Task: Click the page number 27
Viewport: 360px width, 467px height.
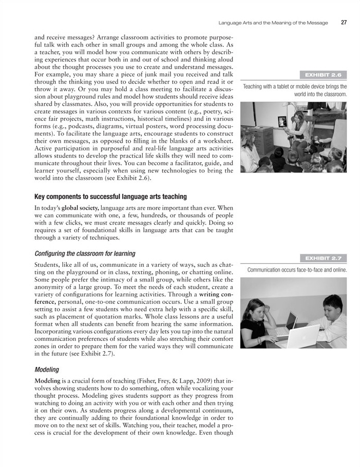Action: tap(344, 22)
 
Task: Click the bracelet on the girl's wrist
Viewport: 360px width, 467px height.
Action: tap(259, 340)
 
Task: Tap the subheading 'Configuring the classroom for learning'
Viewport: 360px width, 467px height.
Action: tap(84, 253)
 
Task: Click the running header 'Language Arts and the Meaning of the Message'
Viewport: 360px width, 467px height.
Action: tap(273, 22)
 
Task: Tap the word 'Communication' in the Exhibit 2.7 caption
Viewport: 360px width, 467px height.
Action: tap(267, 269)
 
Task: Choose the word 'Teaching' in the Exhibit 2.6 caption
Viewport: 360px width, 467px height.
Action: tap(254, 87)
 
